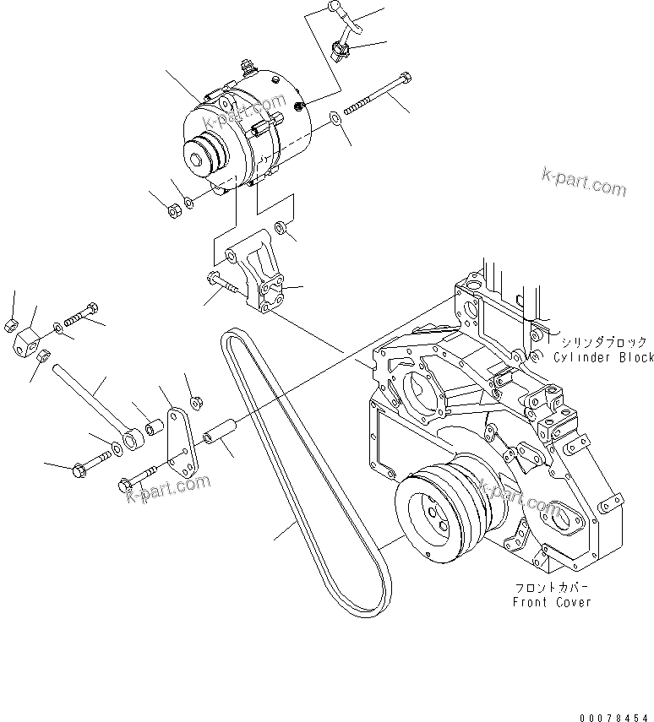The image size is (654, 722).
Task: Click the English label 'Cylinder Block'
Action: point(603,357)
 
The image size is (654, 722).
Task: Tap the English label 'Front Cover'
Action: point(552,602)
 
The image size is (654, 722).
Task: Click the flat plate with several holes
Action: point(178,444)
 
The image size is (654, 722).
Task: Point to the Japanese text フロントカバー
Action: point(552,588)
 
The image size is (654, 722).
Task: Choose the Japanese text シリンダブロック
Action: point(603,342)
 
